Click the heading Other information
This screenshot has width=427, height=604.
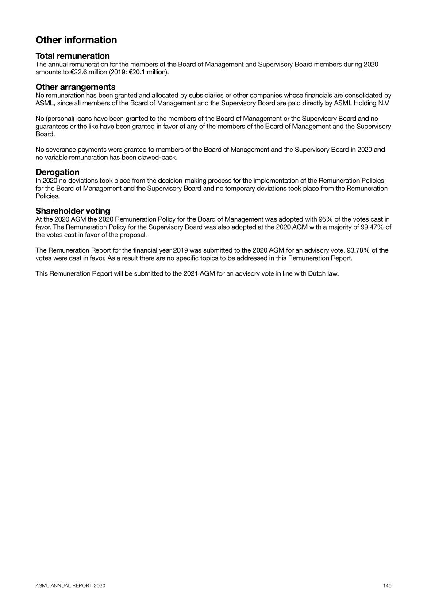[76, 40]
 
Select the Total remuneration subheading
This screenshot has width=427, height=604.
[73, 56]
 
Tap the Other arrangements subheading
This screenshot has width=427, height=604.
[75, 87]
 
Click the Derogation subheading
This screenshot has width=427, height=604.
[58, 172]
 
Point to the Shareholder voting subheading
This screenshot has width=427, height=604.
[73, 211]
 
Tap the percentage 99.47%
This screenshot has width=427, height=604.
[374, 227]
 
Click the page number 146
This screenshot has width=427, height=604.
[387, 585]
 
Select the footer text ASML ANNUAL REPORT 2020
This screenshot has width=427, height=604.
[70, 585]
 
